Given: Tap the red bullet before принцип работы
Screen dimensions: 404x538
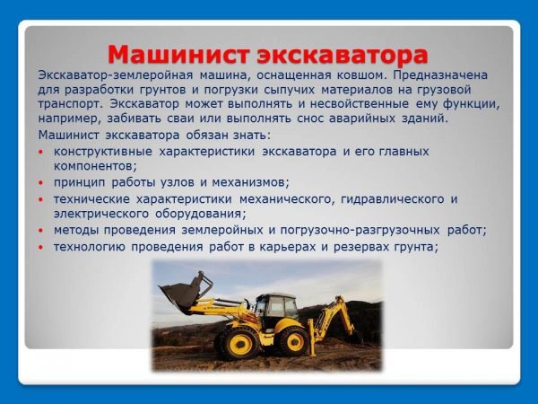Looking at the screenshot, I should point(43,183).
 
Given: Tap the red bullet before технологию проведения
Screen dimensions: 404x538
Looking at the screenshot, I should point(43,248).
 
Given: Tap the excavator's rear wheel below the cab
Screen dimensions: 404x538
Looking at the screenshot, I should point(291,340).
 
